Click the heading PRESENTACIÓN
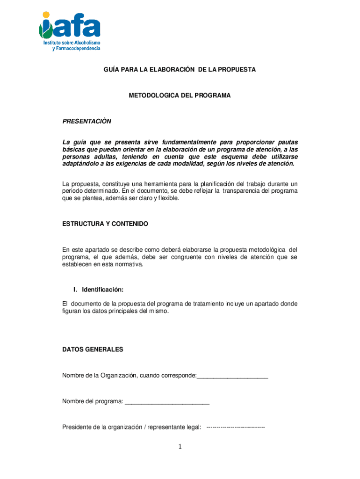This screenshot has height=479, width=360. pos(87,122)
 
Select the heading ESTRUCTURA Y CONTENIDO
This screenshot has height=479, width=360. pos(105,224)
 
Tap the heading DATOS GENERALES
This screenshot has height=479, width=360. pos(93,349)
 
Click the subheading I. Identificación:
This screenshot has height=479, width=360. pos(98,290)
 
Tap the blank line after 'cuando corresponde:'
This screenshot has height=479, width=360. pos(232,376)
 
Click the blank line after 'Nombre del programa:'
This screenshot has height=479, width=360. pos(167,401)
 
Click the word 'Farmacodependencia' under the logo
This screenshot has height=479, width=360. pos(76,49)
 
